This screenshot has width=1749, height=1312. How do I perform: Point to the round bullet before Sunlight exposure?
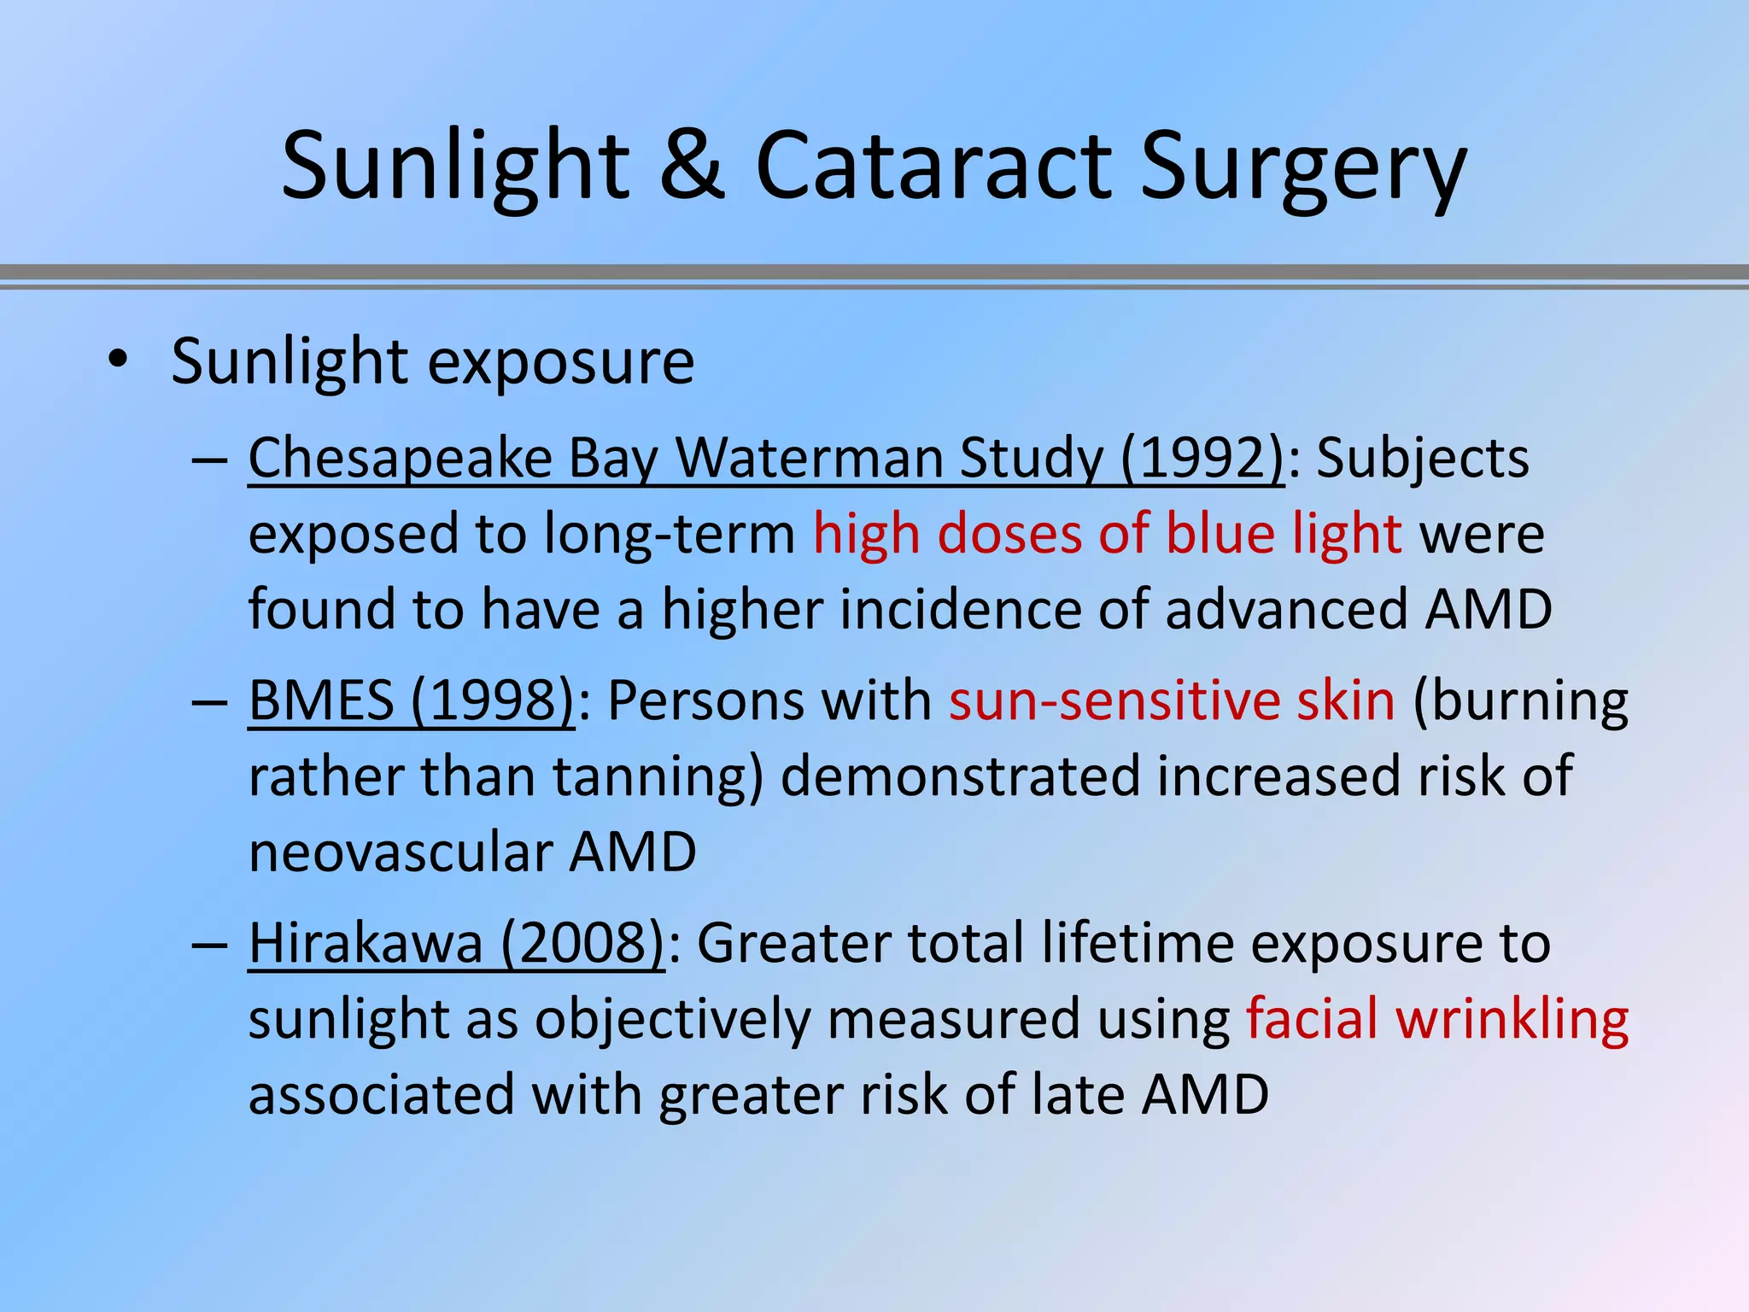point(118,360)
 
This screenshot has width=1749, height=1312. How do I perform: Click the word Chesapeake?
point(401,459)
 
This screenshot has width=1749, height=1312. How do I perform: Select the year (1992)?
point(1202,459)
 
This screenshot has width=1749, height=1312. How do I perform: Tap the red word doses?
point(1009,534)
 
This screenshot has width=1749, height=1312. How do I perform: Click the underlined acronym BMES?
point(321,700)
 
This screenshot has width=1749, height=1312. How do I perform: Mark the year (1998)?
point(493,700)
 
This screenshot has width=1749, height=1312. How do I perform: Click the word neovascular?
point(401,852)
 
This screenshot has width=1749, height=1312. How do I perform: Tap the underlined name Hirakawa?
point(366,943)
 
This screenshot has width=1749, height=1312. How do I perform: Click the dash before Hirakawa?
point(209,945)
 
